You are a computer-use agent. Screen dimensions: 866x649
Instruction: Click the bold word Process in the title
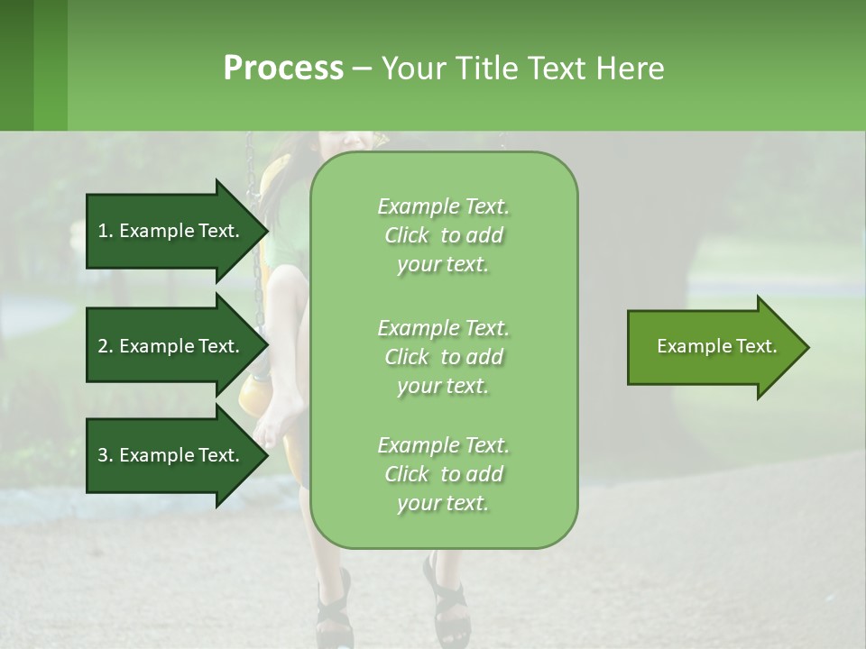[x=283, y=68]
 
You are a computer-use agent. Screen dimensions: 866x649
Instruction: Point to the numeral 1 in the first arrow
[x=103, y=231]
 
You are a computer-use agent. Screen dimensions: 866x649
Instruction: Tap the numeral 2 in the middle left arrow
[x=103, y=346]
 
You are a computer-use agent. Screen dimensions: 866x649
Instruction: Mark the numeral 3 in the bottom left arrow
[x=103, y=455]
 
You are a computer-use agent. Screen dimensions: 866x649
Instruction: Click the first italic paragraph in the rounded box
[x=444, y=235]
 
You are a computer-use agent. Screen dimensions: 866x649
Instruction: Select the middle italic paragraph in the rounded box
[x=444, y=357]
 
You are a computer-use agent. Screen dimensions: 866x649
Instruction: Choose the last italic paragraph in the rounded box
[x=444, y=474]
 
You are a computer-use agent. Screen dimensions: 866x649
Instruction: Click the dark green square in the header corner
[x=16, y=65]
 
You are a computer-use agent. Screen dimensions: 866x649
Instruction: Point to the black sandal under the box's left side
[x=333, y=613]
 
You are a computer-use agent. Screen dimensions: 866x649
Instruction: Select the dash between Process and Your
[x=362, y=69]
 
